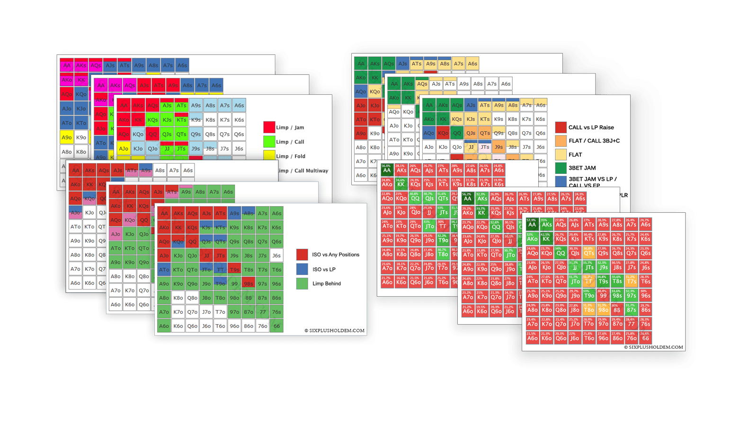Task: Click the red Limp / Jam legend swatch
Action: click(269, 127)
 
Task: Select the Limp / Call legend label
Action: click(290, 142)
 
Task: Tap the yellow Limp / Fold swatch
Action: click(269, 155)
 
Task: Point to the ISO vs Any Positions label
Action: click(335, 254)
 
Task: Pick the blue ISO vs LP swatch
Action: click(302, 269)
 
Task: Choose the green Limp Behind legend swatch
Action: click(302, 283)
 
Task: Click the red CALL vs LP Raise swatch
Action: click(561, 127)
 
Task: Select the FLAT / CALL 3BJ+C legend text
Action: click(594, 141)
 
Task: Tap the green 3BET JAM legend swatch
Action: click(561, 168)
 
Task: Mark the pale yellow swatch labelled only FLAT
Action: click(561, 154)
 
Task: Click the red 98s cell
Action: click(248, 284)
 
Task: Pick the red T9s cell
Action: click(234, 270)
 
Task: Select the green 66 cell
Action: click(276, 326)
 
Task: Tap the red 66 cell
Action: click(645, 337)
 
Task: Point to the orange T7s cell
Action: click(631, 281)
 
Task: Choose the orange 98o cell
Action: click(603, 309)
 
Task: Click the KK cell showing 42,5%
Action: click(546, 238)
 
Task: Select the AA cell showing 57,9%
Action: click(532, 224)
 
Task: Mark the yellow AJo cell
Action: click(124, 148)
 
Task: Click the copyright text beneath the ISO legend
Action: click(334, 331)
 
